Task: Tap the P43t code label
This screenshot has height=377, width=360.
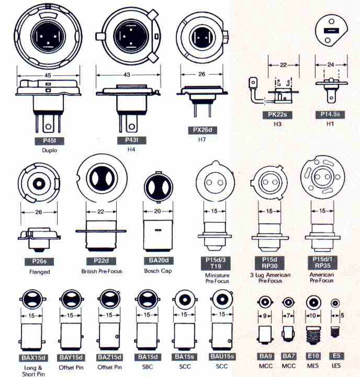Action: (x=128, y=141)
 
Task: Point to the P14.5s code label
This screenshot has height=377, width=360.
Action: (x=329, y=115)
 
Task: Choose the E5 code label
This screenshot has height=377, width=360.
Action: (x=336, y=356)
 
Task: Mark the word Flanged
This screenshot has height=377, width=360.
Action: (x=39, y=271)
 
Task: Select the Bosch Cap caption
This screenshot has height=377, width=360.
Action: (x=158, y=271)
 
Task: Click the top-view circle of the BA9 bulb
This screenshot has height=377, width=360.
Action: (x=264, y=302)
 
